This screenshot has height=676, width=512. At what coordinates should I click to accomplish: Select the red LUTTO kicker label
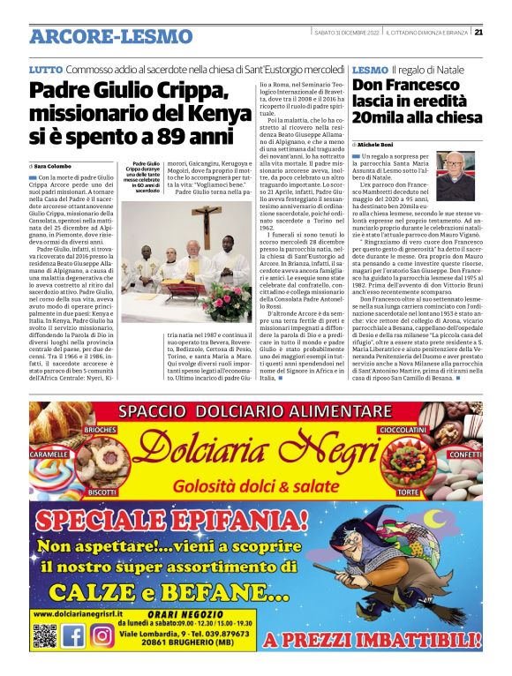point(45,69)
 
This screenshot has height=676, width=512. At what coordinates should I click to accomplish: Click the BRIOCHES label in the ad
point(100,429)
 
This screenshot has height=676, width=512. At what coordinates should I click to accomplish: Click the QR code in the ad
point(44,635)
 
